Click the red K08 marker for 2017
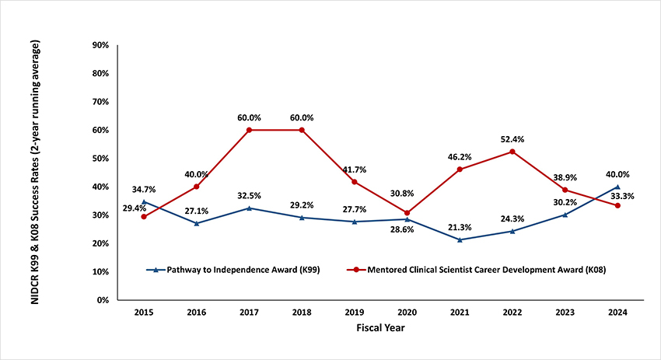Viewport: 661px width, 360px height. (249, 130)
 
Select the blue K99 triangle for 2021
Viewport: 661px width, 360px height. (460, 239)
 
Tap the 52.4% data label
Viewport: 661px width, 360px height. (512, 139)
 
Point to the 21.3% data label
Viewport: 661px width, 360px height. (460, 227)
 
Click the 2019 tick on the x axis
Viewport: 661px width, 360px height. (355, 312)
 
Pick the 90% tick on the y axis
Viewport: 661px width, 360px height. (100, 45)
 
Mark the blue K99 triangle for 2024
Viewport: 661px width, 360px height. (617, 187)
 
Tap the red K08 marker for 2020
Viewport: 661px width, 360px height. (407, 212)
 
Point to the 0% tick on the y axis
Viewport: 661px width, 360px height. (102, 299)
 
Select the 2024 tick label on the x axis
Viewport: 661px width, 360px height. (617, 312)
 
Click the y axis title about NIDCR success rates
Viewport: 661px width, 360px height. (37, 171)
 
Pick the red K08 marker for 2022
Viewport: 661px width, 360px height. (512, 152)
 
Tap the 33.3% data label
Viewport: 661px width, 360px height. (622, 196)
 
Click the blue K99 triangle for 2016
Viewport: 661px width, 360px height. (196, 223)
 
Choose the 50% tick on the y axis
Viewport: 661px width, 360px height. (100, 158)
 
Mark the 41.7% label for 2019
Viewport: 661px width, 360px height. (355, 170)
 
